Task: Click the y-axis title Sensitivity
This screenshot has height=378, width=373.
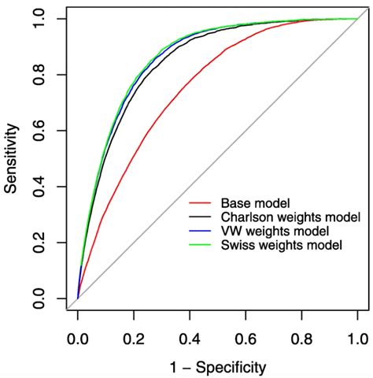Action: pyautogui.click(x=13, y=159)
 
